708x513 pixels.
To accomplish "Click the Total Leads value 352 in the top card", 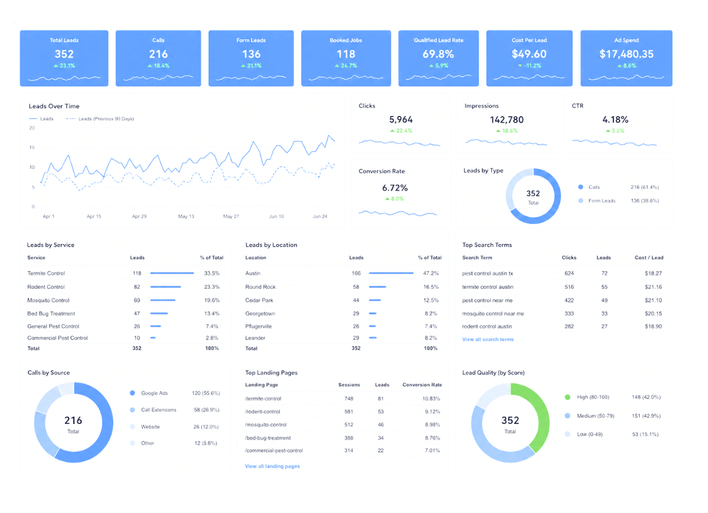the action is pos(64,54).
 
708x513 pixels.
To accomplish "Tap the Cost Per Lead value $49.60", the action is pos(529,54).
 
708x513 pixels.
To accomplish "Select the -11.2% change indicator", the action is pos(530,66).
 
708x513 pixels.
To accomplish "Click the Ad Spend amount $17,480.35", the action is pos(626,54).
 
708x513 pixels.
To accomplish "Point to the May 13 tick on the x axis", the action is pos(186,216).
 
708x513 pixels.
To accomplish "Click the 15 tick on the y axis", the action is pos(32,148).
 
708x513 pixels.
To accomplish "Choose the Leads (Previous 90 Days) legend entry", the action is pos(100,119).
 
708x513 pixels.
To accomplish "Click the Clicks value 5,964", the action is pos(401,120).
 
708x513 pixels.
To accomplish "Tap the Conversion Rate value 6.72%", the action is pos(395,188).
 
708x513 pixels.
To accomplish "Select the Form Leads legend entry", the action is pos(597,201).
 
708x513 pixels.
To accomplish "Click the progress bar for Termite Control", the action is pos(172,273).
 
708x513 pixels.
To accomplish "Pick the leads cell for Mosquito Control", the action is pos(137,300).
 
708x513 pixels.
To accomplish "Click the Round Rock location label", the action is pos(261,287).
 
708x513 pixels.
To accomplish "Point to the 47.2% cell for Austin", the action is pos(431,273).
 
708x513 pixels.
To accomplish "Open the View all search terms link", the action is pos(487,339).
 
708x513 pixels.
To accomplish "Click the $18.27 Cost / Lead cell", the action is pos(653,273).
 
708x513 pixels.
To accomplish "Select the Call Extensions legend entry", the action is pos(153,410).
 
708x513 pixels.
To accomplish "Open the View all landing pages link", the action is pos(272,466).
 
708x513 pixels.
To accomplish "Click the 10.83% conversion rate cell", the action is pos(431,399).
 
